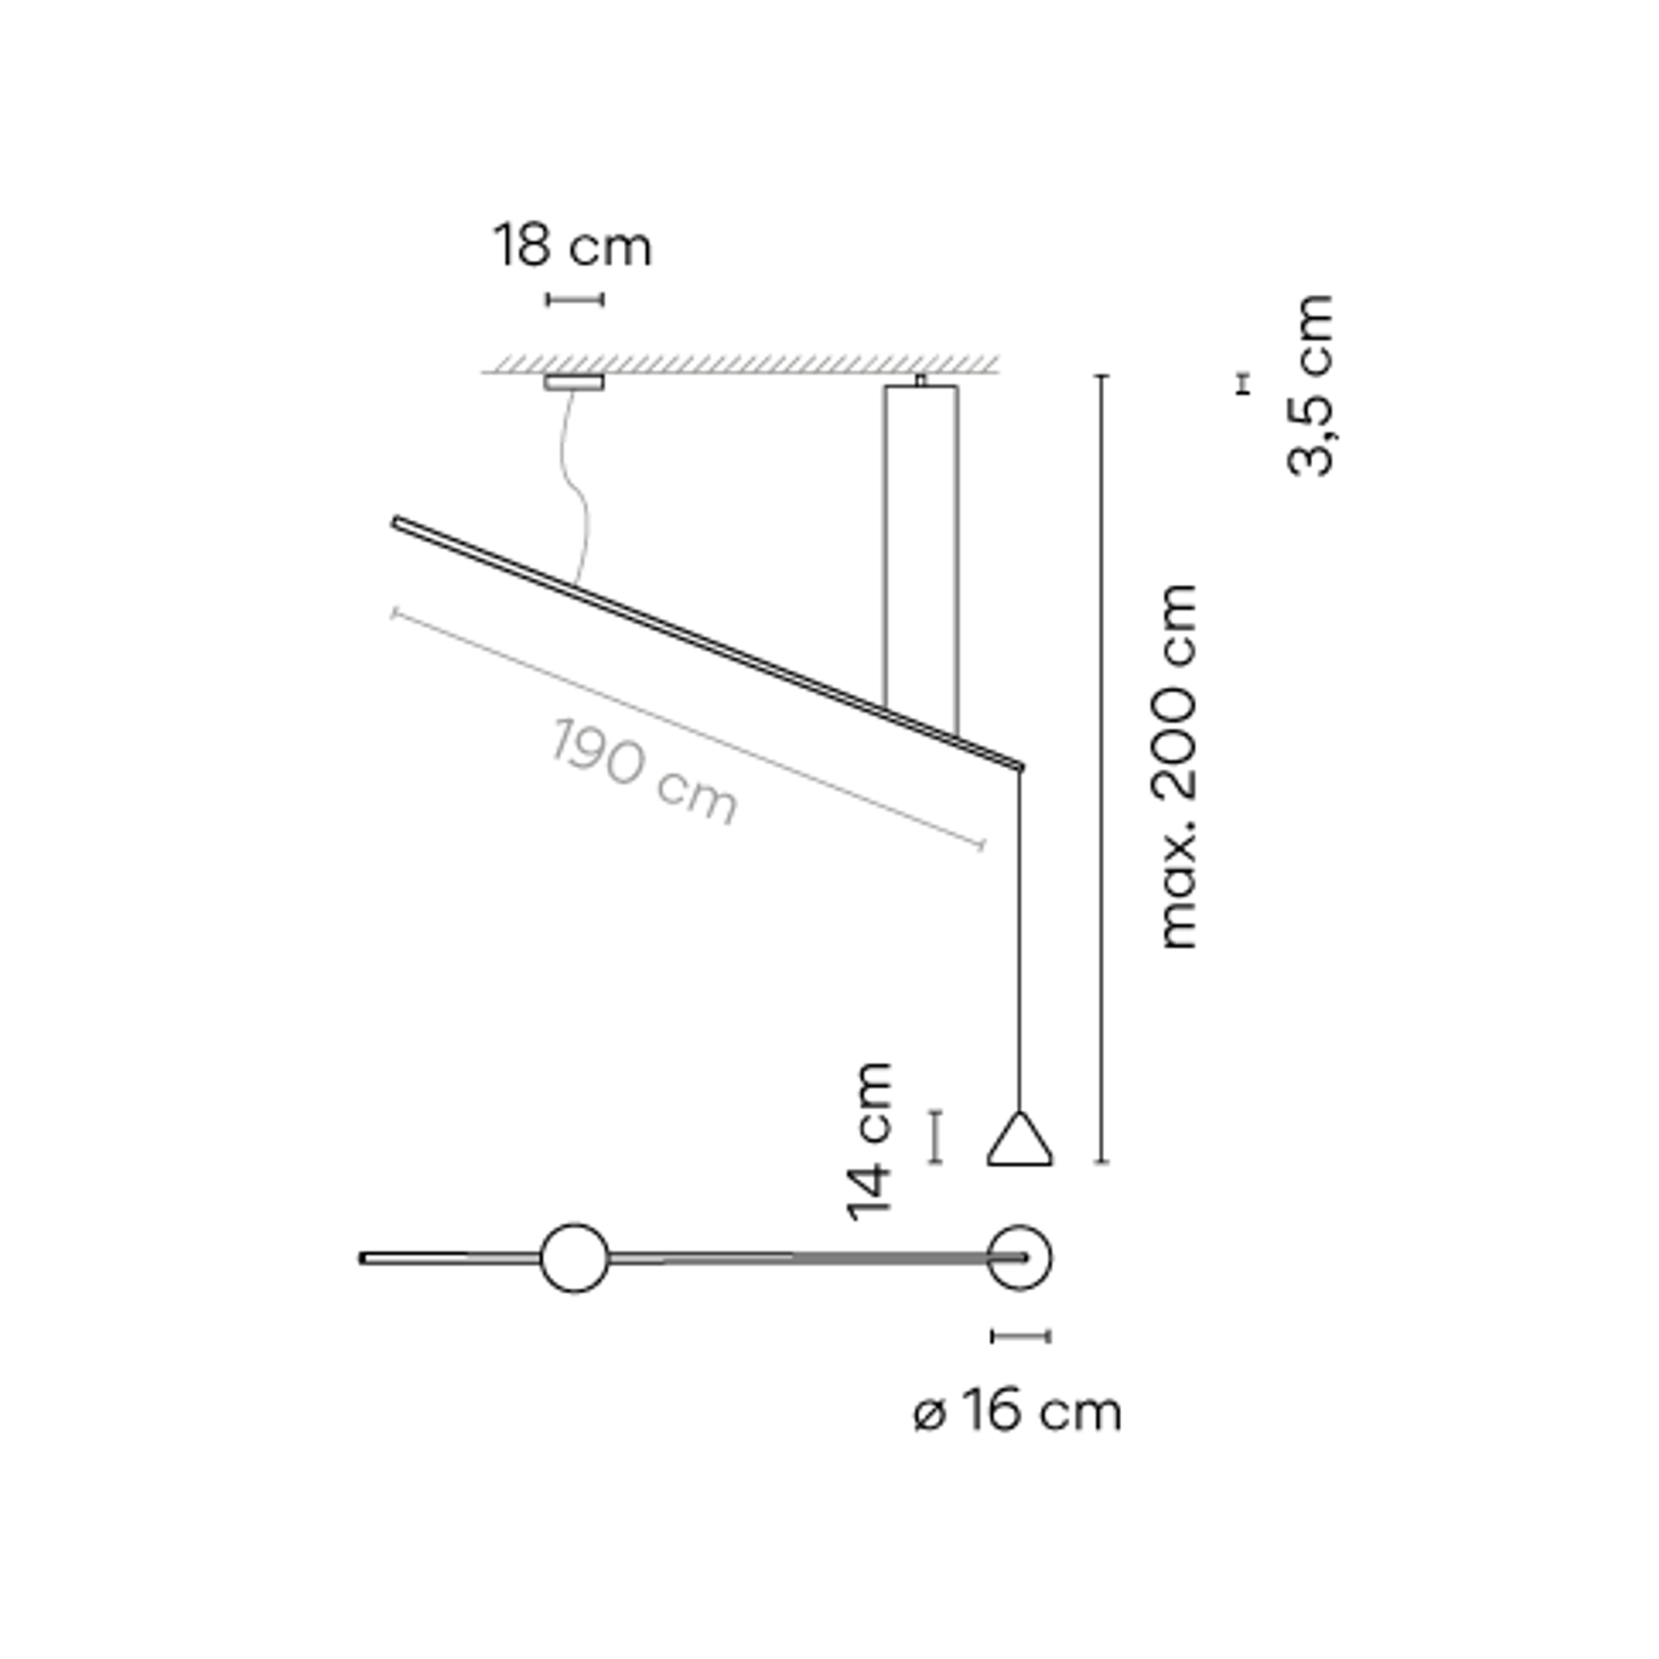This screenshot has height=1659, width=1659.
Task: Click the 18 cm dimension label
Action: pos(573,246)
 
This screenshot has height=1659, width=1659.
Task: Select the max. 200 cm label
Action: pos(1178,766)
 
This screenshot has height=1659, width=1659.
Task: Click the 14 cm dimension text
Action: pos(870,1142)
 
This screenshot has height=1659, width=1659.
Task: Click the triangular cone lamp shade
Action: pos(1020,1139)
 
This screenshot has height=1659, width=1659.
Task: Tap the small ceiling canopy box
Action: pos(574,382)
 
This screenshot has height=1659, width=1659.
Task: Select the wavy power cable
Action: pos(577,488)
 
